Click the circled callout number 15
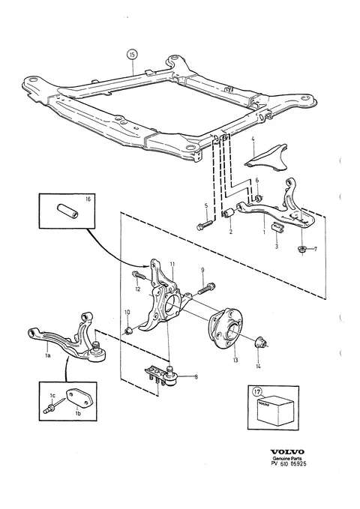[x=132, y=55]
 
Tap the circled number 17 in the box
[x=257, y=393]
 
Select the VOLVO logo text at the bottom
[x=287, y=452]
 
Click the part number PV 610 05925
[x=289, y=463]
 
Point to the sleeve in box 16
[x=67, y=210]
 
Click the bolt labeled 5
[x=204, y=225]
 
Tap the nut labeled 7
[x=301, y=250]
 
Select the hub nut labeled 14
[x=259, y=342]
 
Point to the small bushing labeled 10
[x=128, y=331]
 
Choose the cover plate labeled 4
[x=266, y=157]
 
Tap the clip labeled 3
[x=277, y=227]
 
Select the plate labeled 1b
[x=78, y=397]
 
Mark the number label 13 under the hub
[x=235, y=360]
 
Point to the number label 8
[x=196, y=377]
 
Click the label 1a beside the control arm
[x=48, y=355]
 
